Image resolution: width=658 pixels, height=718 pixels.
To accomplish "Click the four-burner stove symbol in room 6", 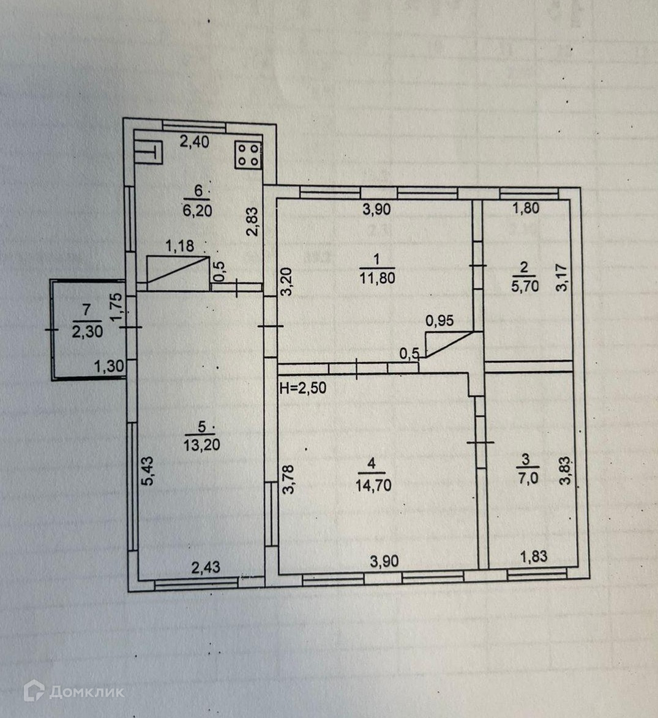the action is point(248,155).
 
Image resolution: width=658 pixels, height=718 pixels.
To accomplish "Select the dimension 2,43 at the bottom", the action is point(206,568).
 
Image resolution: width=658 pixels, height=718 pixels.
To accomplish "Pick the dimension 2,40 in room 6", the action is point(195,142).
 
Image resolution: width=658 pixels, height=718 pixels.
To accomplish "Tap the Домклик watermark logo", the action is point(73,692).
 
